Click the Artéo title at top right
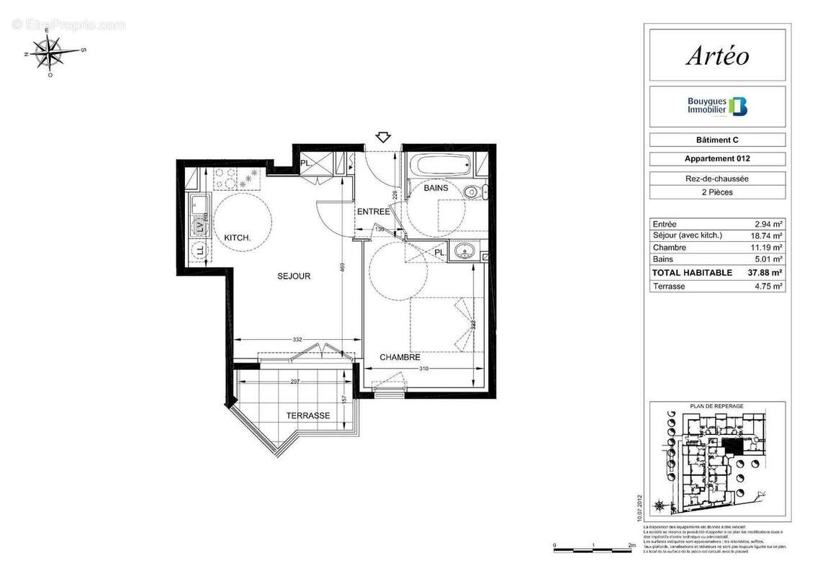716,55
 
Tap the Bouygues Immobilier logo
717,107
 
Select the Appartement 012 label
717,159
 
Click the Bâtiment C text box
717,140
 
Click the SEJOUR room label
294,276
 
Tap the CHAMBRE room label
400,357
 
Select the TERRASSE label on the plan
308,415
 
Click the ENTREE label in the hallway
374,212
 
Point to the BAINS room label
436,188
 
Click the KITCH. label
237,238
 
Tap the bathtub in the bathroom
438,165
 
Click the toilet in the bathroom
472,192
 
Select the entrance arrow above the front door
382,137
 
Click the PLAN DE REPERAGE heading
716,406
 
